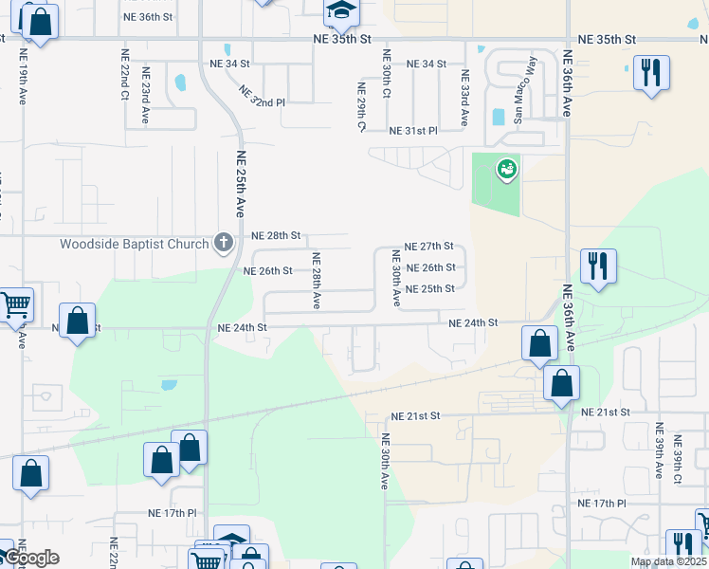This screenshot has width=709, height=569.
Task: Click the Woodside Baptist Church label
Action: (x=134, y=244)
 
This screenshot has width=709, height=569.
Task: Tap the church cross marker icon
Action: (x=223, y=243)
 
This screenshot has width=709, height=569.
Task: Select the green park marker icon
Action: (x=507, y=170)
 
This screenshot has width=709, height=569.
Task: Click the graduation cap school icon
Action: (x=340, y=10)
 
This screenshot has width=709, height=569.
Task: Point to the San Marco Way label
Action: (x=524, y=90)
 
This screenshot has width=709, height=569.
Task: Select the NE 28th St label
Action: (x=276, y=235)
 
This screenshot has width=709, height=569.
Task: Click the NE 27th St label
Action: (x=429, y=246)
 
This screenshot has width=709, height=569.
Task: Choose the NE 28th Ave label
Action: (x=317, y=280)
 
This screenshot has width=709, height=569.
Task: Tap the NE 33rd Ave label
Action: (x=464, y=98)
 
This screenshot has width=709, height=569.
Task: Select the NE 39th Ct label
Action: (x=677, y=461)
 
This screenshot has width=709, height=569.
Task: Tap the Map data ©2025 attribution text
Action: (x=668, y=561)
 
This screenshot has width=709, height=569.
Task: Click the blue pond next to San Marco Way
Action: (x=499, y=118)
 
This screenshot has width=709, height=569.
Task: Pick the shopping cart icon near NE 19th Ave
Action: (x=15, y=305)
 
